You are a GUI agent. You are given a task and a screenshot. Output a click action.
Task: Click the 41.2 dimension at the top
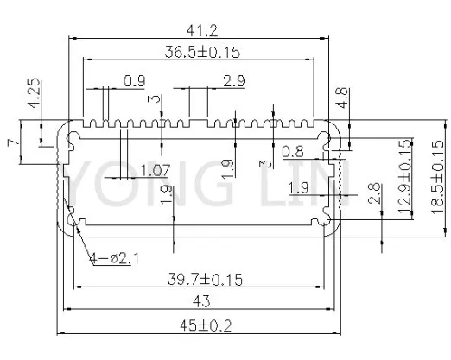tap(202, 30)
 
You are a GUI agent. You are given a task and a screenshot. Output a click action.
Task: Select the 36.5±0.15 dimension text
tap(202, 52)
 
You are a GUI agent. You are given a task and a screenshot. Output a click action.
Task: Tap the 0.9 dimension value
tap(134, 81)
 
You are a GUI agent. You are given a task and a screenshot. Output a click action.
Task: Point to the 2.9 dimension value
tap(234, 81)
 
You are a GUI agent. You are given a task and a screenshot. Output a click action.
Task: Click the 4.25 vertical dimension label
tap(35, 93)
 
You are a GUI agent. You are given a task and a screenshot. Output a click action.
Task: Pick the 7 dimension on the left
tap(13, 142)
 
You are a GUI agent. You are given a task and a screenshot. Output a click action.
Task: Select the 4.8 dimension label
tap(342, 98)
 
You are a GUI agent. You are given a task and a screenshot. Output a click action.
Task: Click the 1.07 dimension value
tap(156, 170)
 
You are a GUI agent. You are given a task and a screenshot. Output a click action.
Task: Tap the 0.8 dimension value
tap(293, 152)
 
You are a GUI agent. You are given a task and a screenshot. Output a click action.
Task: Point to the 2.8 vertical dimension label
tap(374, 193)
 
